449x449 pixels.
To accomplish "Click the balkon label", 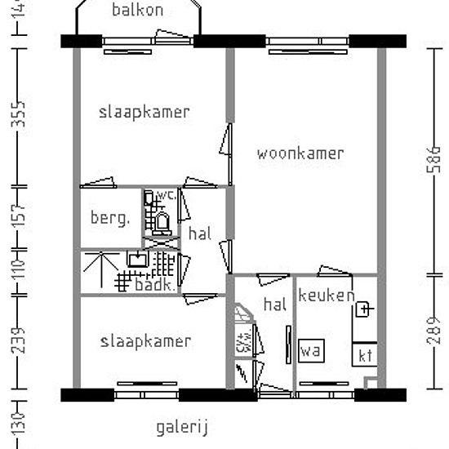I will tap(138, 10).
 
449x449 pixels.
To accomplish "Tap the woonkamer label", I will tap(300, 153).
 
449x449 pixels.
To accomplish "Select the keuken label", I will tap(326, 296).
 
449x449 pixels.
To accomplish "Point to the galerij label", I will tap(184, 426).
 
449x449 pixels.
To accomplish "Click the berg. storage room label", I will tap(109, 218).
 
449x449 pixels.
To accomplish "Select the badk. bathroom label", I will tap(153, 285).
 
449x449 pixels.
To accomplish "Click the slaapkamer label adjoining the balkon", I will tap(144, 112).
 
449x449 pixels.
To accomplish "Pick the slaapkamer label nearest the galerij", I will tap(145, 341).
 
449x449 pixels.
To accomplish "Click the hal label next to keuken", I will tap(274, 305).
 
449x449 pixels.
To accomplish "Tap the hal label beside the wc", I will tap(200, 233).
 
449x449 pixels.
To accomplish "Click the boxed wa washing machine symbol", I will tap(309, 351).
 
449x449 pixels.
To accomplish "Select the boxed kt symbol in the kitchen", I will tap(365, 355).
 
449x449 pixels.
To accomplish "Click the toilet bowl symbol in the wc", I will tap(162, 221).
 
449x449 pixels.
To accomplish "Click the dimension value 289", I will tap(432, 330).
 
